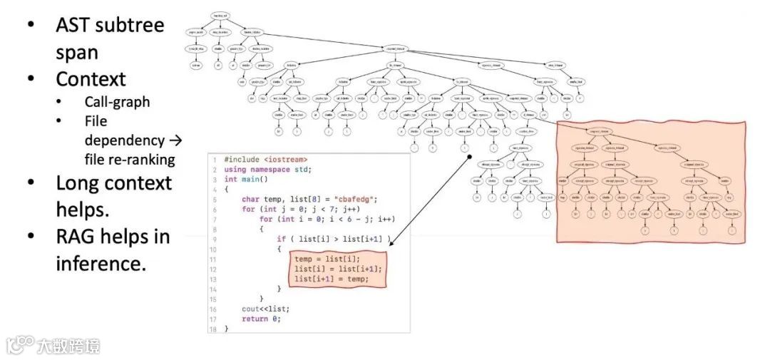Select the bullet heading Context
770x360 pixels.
click(x=91, y=78)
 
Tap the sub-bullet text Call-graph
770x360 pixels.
click(x=117, y=102)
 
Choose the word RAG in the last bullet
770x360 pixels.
click(x=77, y=236)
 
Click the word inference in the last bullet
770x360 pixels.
click(x=99, y=263)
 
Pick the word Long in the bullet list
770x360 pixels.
click(x=78, y=182)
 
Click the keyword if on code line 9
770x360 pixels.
click(x=282, y=239)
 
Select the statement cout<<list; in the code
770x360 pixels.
click(x=265, y=309)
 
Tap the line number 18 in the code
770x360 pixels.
click(x=212, y=329)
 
